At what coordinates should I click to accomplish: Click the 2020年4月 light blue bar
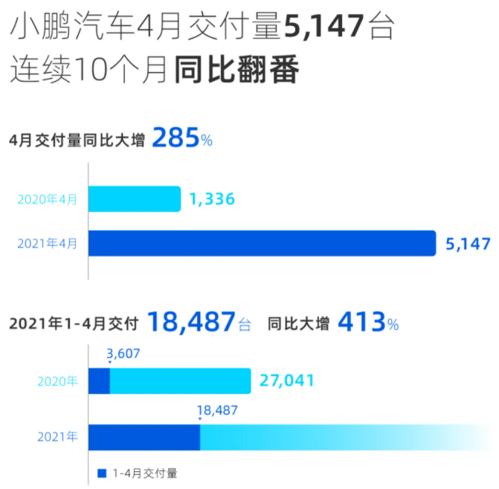[x=135, y=199]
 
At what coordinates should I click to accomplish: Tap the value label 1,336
[x=211, y=199]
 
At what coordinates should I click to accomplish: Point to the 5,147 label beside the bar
[x=468, y=244]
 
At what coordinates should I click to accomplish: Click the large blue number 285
[x=176, y=138]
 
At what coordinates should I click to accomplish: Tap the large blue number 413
[x=362, y=323]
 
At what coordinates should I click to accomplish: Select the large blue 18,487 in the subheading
[x=190, y=323]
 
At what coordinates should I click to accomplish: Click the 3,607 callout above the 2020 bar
[x=123, y=354]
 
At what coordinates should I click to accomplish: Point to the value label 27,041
[x=287, y=381]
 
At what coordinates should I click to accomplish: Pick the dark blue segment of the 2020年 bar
[x=99, y=381]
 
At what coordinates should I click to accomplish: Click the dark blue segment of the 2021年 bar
[x=144, y=436]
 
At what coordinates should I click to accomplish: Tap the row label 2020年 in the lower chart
[x=57, y=382]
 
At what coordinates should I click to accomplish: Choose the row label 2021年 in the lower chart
[x=57, y=437]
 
